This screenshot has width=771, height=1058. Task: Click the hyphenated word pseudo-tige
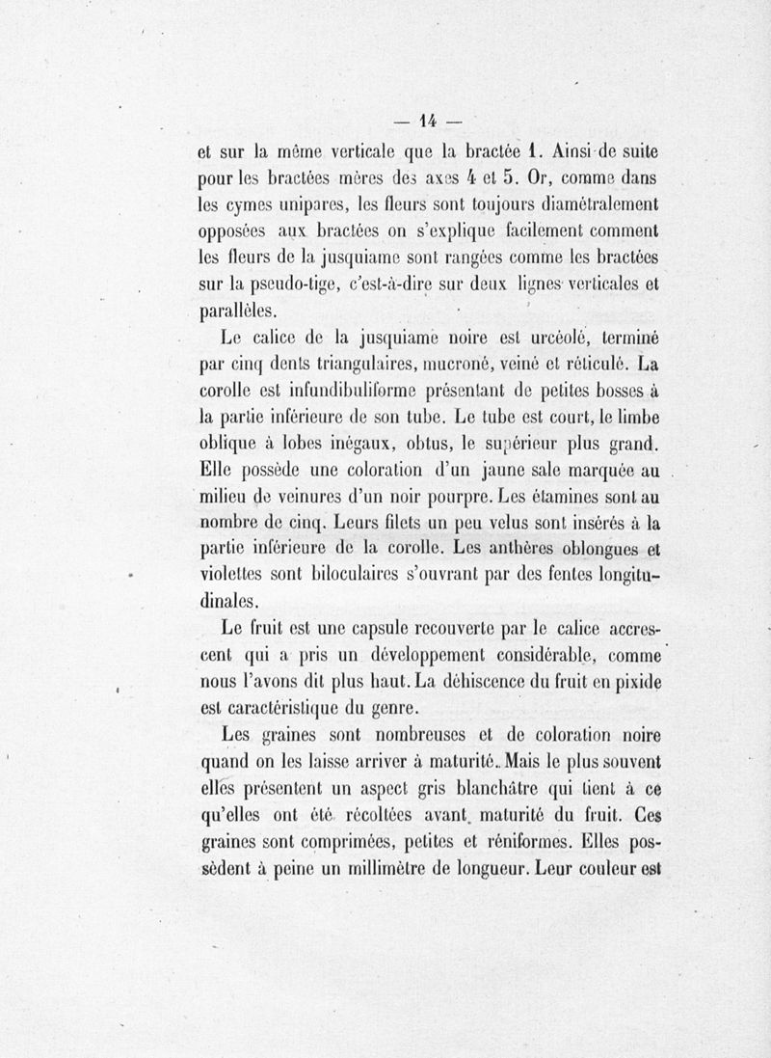pyautogui.click(x=280, y=285)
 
